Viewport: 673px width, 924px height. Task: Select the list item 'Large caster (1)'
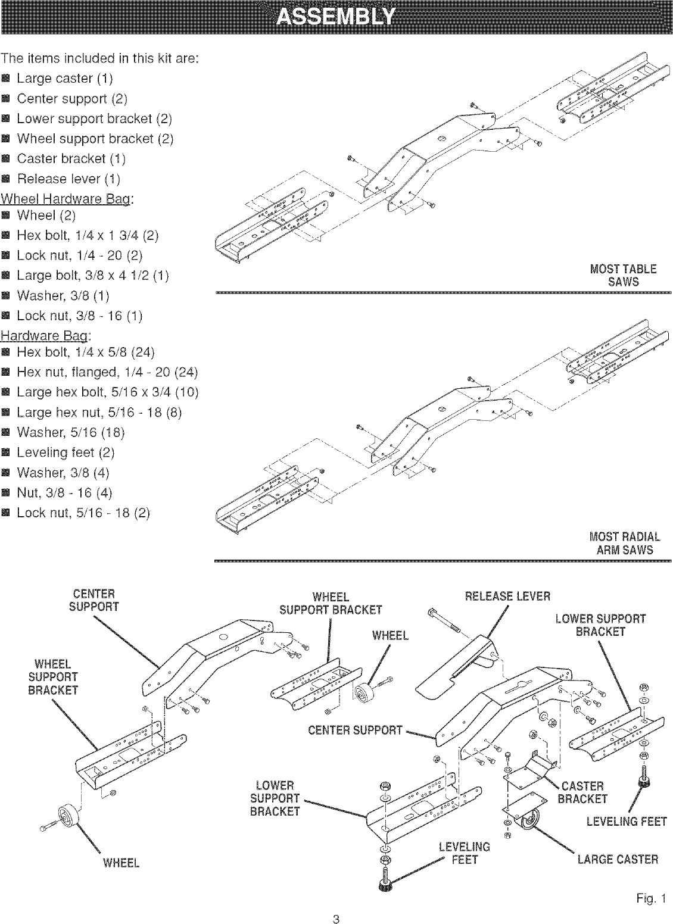tap(64, 79)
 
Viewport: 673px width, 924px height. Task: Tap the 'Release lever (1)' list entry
tap(68, 179)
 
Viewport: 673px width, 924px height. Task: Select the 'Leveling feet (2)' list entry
tap(66, 452)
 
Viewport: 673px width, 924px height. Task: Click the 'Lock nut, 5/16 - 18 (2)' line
tap(83, 513)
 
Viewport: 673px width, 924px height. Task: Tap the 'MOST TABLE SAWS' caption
tap(623, 276)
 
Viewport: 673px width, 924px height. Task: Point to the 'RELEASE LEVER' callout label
tap(507, 597)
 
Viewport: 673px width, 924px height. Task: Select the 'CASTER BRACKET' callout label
tap(582, 792)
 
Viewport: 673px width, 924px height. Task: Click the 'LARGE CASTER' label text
tap(618, 859)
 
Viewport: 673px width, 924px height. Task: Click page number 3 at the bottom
tap(336, 918)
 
